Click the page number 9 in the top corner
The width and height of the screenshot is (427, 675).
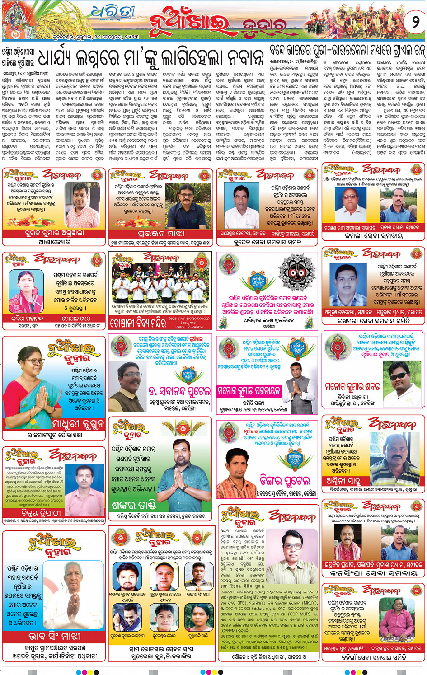coord(415,21)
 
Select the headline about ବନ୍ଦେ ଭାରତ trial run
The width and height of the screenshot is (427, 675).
coord(347,50)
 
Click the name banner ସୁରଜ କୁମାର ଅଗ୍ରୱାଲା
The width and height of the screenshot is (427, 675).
coord(54,233)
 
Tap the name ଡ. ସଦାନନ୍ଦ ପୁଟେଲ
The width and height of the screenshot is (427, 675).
coord(179,391)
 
